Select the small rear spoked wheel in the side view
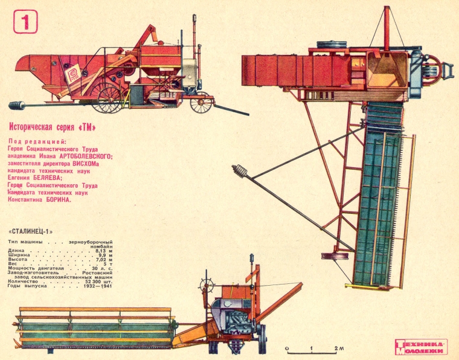click(x=200, y=103)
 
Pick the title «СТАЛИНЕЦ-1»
click(x=32, y=231)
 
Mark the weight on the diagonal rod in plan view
click(x=243, y=173)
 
